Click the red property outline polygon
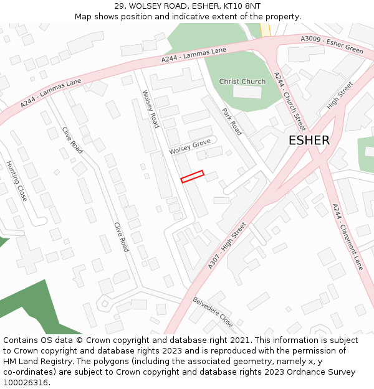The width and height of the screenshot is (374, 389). tap(192, 177)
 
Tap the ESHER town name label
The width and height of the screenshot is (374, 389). tap(309, 141)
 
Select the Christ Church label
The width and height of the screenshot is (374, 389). tap(242, 82)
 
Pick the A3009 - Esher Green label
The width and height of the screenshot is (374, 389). tap(332, 44)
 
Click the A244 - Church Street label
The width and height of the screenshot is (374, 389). tap(290, 96)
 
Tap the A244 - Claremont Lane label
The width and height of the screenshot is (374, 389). tap(347, 237)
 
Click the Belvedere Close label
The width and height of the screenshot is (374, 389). tap(213, 312)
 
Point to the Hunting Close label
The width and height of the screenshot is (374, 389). tap(17, 180)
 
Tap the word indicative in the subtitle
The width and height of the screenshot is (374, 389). tap(187, 16)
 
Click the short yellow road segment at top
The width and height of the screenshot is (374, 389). tap(265, 29)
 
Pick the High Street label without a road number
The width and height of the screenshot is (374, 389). tap(340, 95)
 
